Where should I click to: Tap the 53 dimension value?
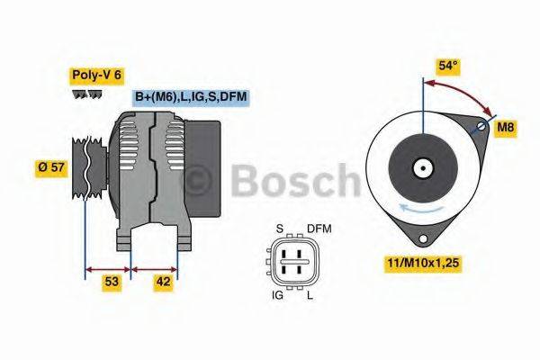110,282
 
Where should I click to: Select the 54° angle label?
448,66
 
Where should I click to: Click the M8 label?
508,128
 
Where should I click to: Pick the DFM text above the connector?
319,229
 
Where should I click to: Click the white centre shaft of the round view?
421,168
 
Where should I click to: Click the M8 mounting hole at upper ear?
488,124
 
